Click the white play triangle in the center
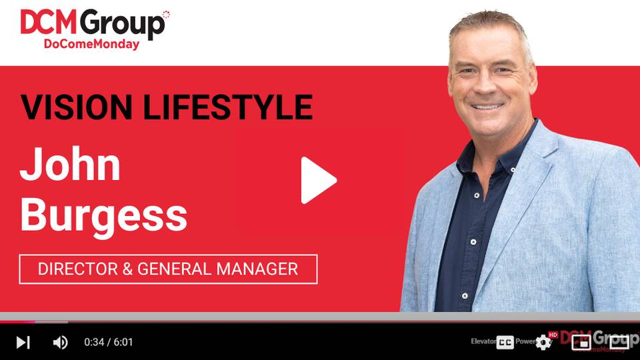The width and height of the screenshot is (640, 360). (318, 180)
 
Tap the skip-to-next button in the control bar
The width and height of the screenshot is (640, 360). (23, 343)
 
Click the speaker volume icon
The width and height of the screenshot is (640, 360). (60, 343)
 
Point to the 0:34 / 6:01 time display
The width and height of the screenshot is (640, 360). (109, 343)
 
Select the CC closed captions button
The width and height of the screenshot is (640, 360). (505, 343)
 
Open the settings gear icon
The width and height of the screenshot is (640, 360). (543, 343)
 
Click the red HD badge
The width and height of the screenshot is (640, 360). (553, 335)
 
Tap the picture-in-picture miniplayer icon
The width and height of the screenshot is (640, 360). (581, 343)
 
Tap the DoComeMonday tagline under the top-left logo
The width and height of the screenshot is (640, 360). (91, 45)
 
